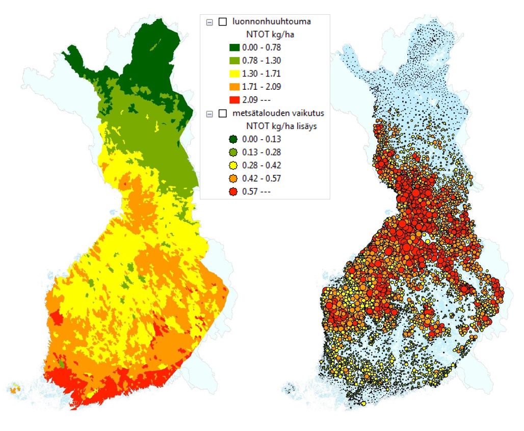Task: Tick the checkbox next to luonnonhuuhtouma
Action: tap(222, 22)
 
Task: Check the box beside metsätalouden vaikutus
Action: tap(222, 114)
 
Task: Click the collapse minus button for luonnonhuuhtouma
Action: tap(209, 22)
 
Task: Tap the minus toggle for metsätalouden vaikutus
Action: tap(209, 114)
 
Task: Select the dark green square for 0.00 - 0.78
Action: tap(234, 47)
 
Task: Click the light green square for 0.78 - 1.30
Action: tap(234, 61)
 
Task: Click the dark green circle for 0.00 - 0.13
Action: tap(234, 139)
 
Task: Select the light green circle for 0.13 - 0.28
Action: tap(234, 153)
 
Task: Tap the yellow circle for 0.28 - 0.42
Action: tap(234, 165)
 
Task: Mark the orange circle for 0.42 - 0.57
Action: tap(234, 179)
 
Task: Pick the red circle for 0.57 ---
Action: tap(234, 192)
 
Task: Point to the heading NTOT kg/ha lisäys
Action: tap(282, 126)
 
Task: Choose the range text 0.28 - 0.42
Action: tap(262, 165)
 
